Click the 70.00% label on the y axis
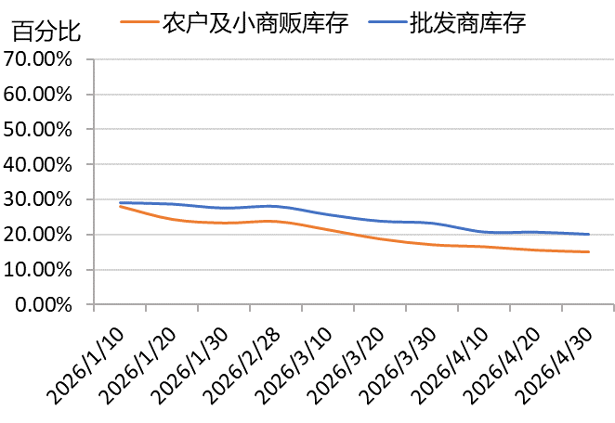(x=38, y=59)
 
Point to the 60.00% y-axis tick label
(x=38, y=95)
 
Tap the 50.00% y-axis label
(x=38, y=129)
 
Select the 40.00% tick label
(x=38, y=164)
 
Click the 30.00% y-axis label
(x=38, y=199)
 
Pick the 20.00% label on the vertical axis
(x=38, y=235)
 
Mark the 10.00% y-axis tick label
(x=38, y=269)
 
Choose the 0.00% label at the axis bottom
(x=43, y=304)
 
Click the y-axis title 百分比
(x=46, y=31)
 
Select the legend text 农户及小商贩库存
(x=255, y=22)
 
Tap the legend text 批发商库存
(x=467, y=22)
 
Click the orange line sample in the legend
(x=139, y=21)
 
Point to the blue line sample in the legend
(x=387, y=21)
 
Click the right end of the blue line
(x=588, y=234)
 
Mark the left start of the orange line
(x=121, y=207)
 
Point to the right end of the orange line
(x=588, y=251)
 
